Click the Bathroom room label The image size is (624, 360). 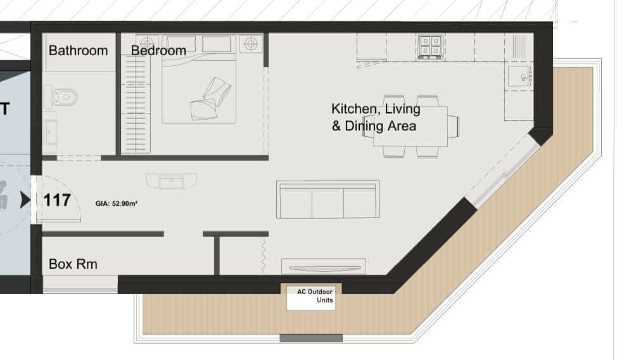[79, 51]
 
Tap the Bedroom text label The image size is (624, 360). [158, 51]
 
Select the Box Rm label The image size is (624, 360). [73, 264]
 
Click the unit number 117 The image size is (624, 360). [57, 200]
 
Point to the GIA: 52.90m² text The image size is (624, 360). [116, 203]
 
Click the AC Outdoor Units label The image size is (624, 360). [315, 296]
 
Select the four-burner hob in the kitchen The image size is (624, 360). [431, 47]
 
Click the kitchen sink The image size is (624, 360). [520, 76]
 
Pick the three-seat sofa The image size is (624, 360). [328, 199]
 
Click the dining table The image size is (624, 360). [411, 126]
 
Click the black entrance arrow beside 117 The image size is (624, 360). [25, 200]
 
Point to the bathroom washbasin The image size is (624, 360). [51, 132]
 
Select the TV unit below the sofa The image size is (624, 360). [324, 266]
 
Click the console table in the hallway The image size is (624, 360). [171, 181]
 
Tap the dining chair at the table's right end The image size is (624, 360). [454, 126]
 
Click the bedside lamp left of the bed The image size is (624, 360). [147, 43]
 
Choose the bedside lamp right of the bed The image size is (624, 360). [251, 43]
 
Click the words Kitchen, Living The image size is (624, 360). [376, 109]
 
